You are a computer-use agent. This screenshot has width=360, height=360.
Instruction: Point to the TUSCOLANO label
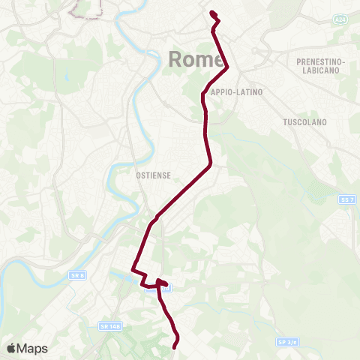(x=303, y=121)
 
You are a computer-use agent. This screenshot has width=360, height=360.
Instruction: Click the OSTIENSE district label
(x=154, y=175)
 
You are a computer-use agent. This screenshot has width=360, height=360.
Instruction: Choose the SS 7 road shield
(x=346, y=199)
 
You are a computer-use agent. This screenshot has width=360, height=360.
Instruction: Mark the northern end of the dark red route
(x=212, y=13)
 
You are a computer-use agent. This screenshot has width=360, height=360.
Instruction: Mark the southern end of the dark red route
(x=175, y=346)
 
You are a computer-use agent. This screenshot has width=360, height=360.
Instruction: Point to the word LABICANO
(x=319, y=70)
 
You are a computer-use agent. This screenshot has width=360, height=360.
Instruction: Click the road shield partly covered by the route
(x=166, y=287)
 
